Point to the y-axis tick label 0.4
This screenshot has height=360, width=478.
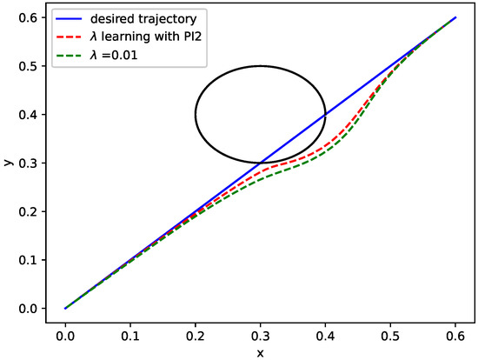31,115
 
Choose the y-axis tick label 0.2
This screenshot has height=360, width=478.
31,211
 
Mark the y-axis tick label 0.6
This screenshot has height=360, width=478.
31,17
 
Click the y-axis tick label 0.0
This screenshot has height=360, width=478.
31,309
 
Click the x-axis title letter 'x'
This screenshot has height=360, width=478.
260,351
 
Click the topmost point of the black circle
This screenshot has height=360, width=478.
260,66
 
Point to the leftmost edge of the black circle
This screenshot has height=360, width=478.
196,114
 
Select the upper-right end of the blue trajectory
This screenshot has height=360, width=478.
455,17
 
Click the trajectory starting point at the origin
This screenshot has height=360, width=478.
65,308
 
